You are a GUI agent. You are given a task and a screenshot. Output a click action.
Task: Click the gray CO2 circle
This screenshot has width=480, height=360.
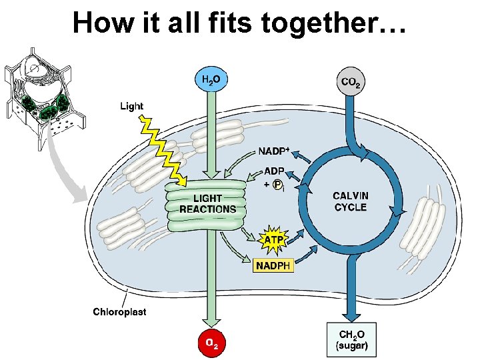point(353,82)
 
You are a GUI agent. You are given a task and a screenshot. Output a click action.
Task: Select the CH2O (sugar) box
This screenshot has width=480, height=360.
point(352,340)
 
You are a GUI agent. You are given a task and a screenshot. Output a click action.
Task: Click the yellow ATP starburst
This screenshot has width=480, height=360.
point(274,239)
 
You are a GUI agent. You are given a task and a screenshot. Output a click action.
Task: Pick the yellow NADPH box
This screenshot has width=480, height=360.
point(274,265)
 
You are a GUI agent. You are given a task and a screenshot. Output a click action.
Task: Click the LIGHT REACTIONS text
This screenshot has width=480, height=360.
point(207,203)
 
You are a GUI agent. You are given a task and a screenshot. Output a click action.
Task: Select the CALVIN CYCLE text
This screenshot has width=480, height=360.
point(350,201)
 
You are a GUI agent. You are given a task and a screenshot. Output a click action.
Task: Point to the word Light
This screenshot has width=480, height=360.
point(131,106)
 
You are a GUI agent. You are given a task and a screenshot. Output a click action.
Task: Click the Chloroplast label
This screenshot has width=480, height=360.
point(119,311)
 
